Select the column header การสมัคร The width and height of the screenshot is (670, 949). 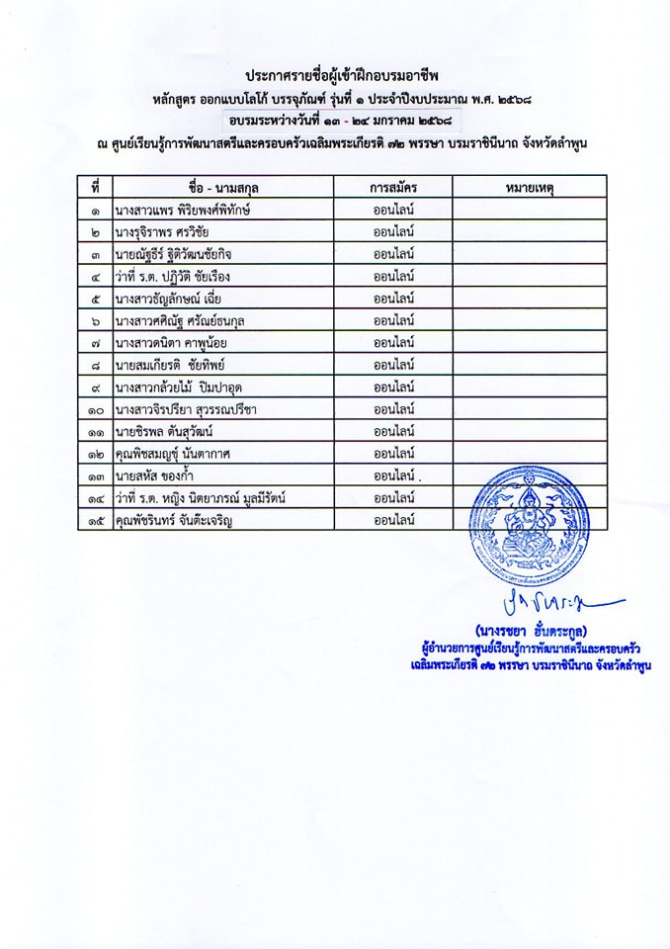tap(392, 188)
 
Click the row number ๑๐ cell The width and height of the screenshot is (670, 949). tap(95, 409)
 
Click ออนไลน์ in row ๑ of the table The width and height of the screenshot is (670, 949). tap(392, 211)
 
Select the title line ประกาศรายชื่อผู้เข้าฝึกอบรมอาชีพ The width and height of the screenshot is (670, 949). tap(343, 76)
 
